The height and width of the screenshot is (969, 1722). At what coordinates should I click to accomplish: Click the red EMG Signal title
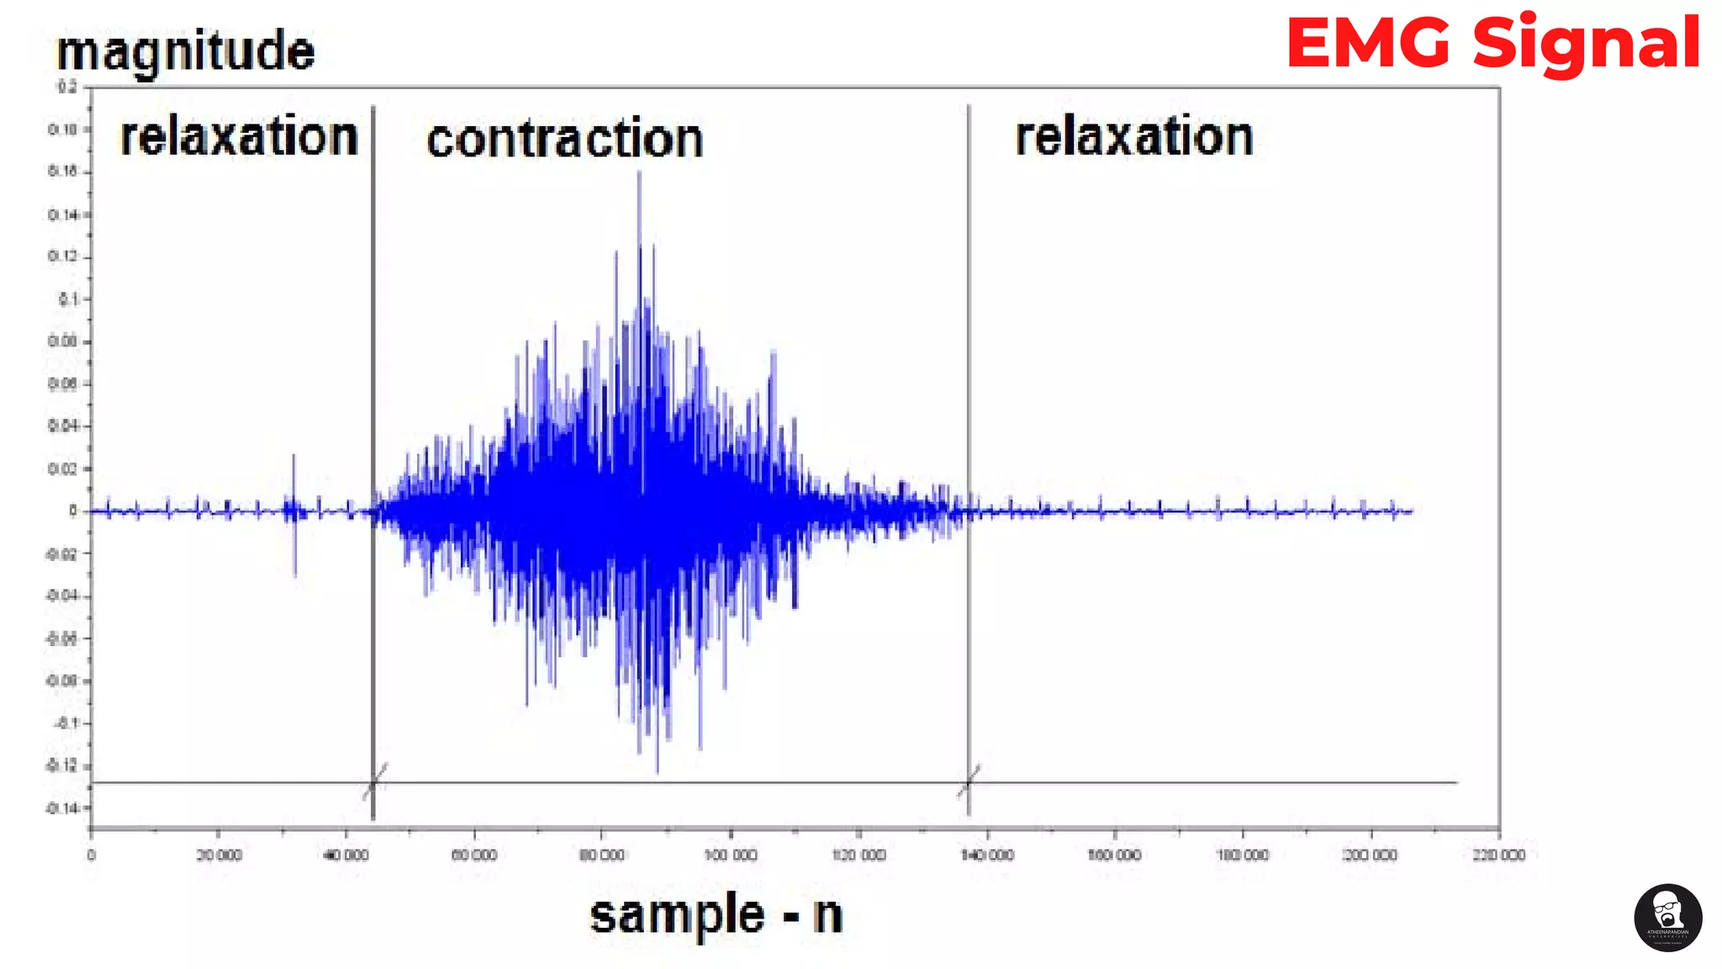coord(1493,44)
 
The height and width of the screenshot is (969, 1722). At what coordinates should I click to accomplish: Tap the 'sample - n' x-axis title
coord(716,915)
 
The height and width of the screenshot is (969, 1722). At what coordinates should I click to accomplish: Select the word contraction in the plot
coord(564,140)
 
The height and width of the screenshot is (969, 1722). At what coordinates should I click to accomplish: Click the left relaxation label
coord(239,137)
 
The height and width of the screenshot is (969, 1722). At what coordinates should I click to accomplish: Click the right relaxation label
coord(1134,137)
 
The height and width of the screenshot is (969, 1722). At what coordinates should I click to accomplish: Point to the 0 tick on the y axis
coord(73,511)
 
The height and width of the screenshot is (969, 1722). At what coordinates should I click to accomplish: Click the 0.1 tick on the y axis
coord(67,299)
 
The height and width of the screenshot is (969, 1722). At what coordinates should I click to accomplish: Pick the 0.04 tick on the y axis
coord(63,426)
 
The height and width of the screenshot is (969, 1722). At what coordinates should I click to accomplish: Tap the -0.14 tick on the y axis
coord(63,808)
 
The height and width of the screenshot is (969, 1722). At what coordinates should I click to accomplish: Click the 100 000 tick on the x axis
coord(731,855)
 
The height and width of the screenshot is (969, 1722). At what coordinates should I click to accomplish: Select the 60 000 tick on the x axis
coord(474,855)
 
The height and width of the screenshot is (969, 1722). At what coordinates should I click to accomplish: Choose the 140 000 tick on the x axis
coord(987,855)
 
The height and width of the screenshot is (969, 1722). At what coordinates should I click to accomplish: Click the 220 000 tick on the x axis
coord(1498,855)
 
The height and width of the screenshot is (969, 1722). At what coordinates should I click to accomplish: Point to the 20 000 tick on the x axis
coord(219,855)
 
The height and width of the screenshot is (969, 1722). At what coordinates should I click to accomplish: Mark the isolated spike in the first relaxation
coord(293,458)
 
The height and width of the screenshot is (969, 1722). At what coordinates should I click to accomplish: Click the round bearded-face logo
coord(1668,918)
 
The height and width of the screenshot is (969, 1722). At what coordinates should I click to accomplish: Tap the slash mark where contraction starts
coord(375,781)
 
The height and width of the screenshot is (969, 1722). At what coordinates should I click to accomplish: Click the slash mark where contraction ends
coord(969,781)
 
